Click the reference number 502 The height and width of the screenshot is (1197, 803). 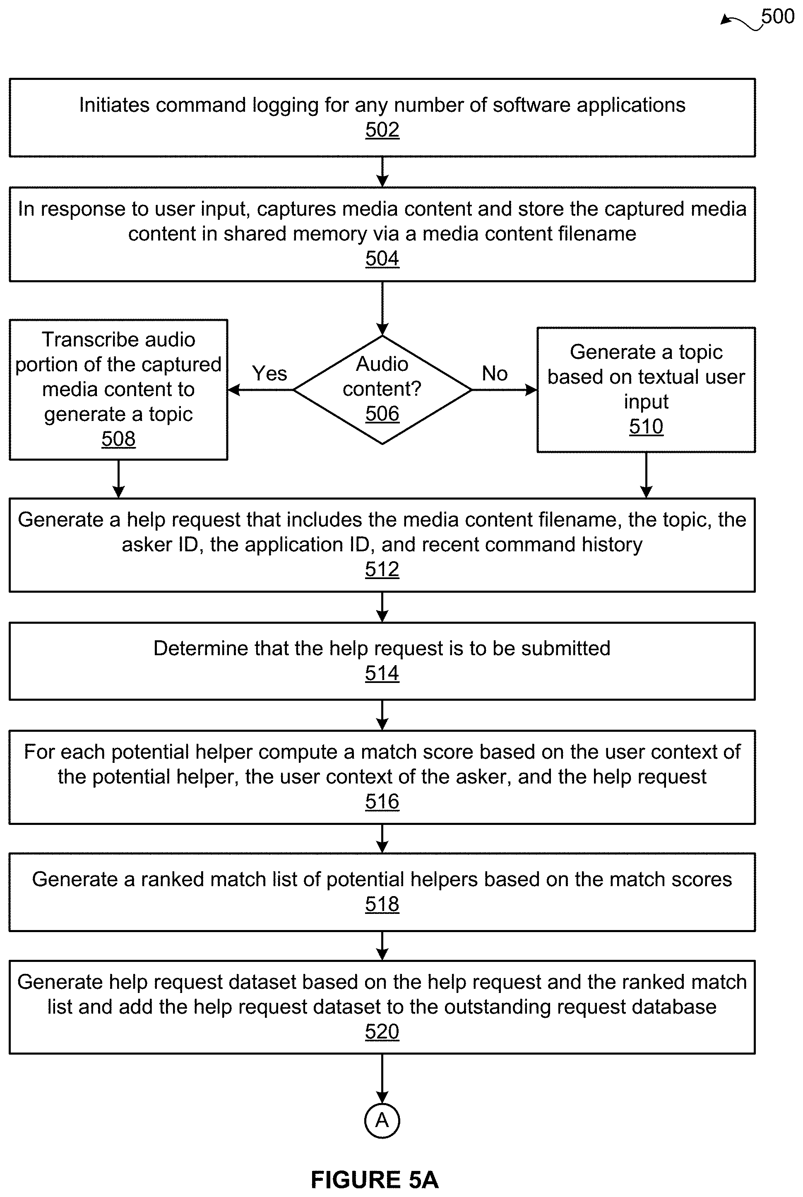tap(382, 130)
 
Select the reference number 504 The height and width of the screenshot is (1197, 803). tap(382, 259)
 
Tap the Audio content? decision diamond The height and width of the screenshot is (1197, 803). tap(382, 389)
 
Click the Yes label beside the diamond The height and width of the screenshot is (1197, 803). tap(269, 373)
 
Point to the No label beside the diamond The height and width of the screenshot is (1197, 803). tap(495, 373)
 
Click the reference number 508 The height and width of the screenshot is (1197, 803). tap(118, 439)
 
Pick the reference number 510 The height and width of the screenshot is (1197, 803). tap(646, 426)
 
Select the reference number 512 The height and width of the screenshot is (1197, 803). tap(382, 569)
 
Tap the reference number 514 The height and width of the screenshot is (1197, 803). tap(382, 673)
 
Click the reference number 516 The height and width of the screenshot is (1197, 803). tap(382, 802)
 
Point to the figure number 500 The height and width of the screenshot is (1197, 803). tap(777, 17)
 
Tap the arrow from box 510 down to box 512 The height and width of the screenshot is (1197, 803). tap(646, 475)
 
